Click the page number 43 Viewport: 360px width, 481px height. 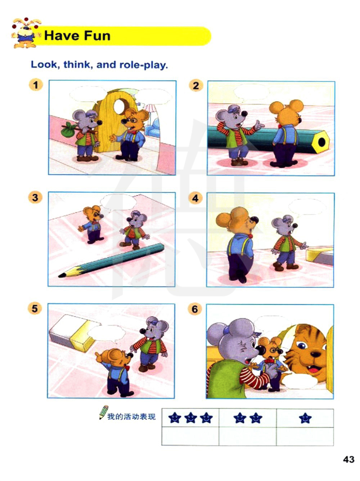(x=348, y=459)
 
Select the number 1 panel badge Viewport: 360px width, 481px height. (x=36, y=85)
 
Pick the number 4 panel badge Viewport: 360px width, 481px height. (x=195, y=198)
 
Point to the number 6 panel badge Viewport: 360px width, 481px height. (x=195, y=309)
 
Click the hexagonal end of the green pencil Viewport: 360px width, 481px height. (x=321, y=142)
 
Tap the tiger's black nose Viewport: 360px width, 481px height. (x=315, y=354)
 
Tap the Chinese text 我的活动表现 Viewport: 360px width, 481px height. (x=131, y=416)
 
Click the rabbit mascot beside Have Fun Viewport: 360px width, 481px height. (x=26, y=33)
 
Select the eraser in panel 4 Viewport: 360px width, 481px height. (x=320, y=256)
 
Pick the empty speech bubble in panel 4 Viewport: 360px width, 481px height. (x=307, y=207)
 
